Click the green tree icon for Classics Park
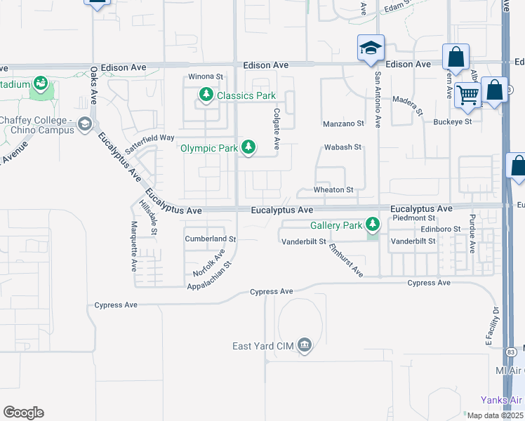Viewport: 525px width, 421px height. (x=206, y=95)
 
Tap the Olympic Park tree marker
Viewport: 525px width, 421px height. (x=248, y=147)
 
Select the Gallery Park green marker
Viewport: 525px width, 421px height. (x=373, y=225)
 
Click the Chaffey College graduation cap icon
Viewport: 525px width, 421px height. (x=86, y=123)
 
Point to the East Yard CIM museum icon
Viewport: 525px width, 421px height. (x=304, y=345)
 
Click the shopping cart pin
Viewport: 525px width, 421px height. (x=467, y=95)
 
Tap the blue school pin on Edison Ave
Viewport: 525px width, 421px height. (x=371, y=48)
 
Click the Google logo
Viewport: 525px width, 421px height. (x=23, y=413)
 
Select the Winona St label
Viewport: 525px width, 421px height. (x=205, y=76)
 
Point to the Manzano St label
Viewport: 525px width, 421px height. (x=343, y=123)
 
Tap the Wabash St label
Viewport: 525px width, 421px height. (x=342, y=147)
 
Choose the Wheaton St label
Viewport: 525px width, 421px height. (x=333, y=189)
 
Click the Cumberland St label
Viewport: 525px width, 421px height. (x=211, y=239)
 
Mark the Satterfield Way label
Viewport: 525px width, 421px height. (x=149, y=142)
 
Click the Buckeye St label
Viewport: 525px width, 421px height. (x=452, y=121)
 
